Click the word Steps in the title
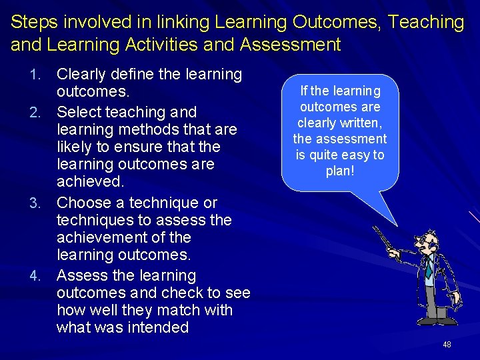pyautogui.click(x=31, y=22)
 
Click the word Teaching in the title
pyautogui.click(x=427, y=22)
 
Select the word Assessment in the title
pyautogui.click(x=289, y=45)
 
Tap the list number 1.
pyautogui.click(x=44, y=75)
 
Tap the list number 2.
pyautogui.click(x=44, y=112)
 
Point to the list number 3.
pyautogui.click(x=44, y=203)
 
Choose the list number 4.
pyautogui.click(x=44, y=276)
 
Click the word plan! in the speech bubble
pyautogui.click(x=340, y=171)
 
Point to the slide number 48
pyautogui.click(x=447, y=345)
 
